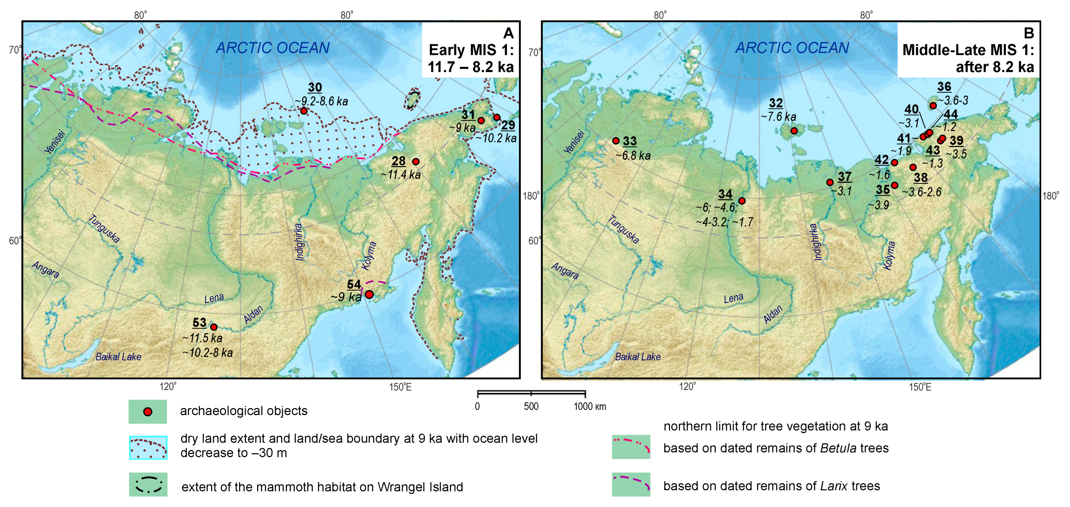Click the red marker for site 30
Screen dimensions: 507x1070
[304, 111]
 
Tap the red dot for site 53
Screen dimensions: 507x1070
[214, 327]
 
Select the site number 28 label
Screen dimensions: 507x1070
[398, 161]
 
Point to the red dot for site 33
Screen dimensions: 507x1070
[616, 141]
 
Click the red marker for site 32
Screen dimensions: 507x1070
[794, 131]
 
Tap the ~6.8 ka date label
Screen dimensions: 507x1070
[633, 156]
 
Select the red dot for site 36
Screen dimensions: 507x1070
[933, 106]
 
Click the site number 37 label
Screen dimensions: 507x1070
[844, 176]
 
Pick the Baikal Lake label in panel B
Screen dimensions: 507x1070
[638, 356]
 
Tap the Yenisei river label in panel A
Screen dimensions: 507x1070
[55, 142]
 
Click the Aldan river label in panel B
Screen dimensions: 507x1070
[773, 314]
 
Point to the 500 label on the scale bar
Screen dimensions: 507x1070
[531, 406]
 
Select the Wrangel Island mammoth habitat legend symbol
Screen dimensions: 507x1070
[148, 485]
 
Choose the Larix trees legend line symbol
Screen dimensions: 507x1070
[631, 484]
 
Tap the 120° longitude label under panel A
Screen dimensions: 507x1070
[168, 387]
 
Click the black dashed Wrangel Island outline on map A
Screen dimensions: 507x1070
[412, 100]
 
